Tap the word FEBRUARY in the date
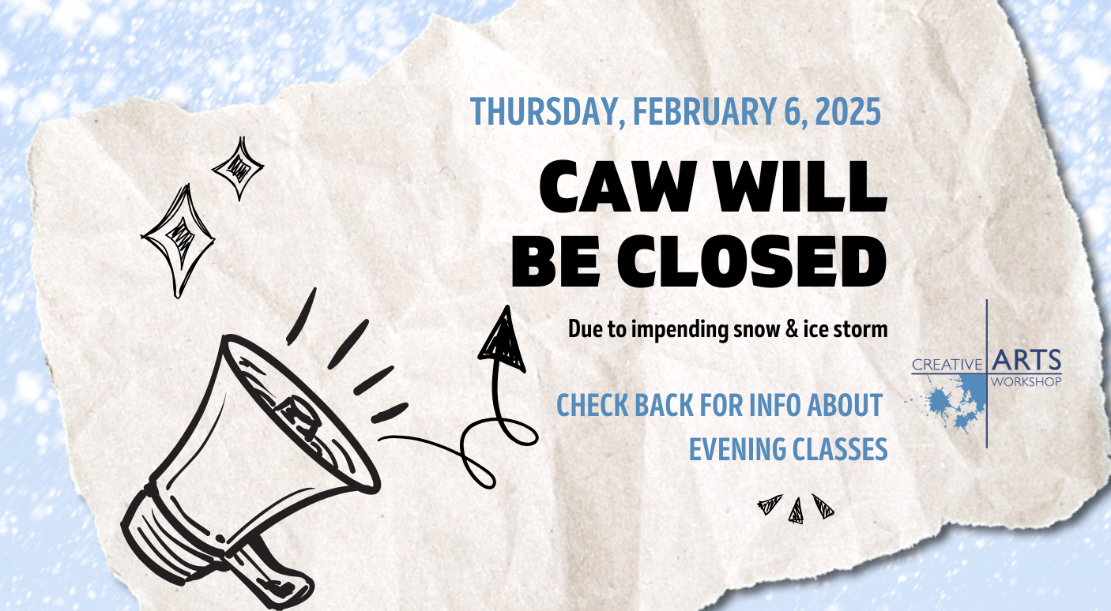[704, 111]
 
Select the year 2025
[848, 111]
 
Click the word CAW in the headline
[616, 187]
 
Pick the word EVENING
[737, 449]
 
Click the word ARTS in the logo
[1026, 360]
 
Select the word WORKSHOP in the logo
[1026, 381]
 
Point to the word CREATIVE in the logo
[947, 365]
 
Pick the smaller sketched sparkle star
[238, 168]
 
